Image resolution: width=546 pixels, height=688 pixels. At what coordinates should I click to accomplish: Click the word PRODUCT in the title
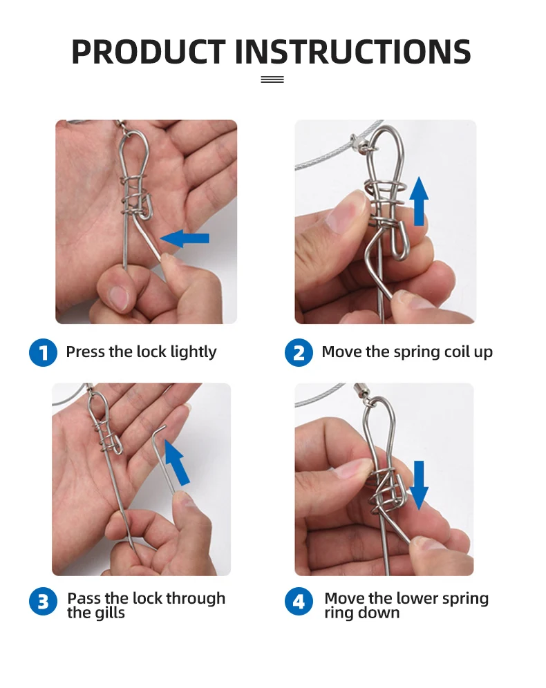[x=149, y=52]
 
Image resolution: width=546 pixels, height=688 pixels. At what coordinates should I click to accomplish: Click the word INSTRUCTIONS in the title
[x=353, y=52]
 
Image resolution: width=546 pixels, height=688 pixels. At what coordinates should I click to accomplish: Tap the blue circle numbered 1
[x=43, y=352]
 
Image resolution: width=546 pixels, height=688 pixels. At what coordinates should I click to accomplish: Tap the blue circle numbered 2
[x=299, y=352]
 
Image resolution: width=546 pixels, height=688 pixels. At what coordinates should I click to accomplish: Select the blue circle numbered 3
[x=43, y=601]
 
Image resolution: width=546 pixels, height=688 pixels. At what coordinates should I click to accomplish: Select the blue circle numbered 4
[x=299, y=601]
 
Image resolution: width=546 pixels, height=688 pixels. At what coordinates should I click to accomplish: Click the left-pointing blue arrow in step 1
[x=185, y=238]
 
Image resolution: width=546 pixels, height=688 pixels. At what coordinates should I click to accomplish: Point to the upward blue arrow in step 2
[x=419, y=201]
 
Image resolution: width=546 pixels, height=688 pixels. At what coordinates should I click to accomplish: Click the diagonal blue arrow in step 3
[x=176, y=462]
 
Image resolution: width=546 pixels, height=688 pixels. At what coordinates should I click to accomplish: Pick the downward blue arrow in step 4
[x=419, y=485]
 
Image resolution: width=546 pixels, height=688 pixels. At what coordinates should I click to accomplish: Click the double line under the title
[x=272, y=79]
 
